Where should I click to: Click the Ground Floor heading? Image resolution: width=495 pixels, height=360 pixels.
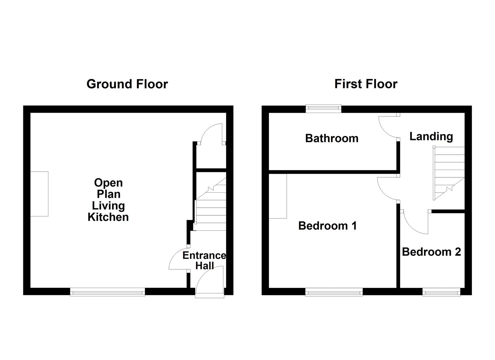[127, 84]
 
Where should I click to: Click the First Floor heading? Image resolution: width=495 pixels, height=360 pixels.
[366, 84]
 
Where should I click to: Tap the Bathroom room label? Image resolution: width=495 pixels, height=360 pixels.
[332, 138]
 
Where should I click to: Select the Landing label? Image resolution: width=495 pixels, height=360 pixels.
[431, 136]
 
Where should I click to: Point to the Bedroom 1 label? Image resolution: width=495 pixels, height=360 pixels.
[327, 226]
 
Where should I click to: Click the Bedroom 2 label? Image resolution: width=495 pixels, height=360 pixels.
[431, 252]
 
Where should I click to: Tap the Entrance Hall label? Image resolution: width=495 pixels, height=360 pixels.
[204, 260]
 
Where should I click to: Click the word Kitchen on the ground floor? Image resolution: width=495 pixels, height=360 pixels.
[108, 217]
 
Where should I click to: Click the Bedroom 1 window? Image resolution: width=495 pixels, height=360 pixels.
[334, 293]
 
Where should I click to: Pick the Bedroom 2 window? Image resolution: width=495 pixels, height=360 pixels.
[441, 293]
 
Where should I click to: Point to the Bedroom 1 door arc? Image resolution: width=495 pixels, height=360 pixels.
[387, 189]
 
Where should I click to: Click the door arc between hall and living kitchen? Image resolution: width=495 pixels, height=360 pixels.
[178, 260]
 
